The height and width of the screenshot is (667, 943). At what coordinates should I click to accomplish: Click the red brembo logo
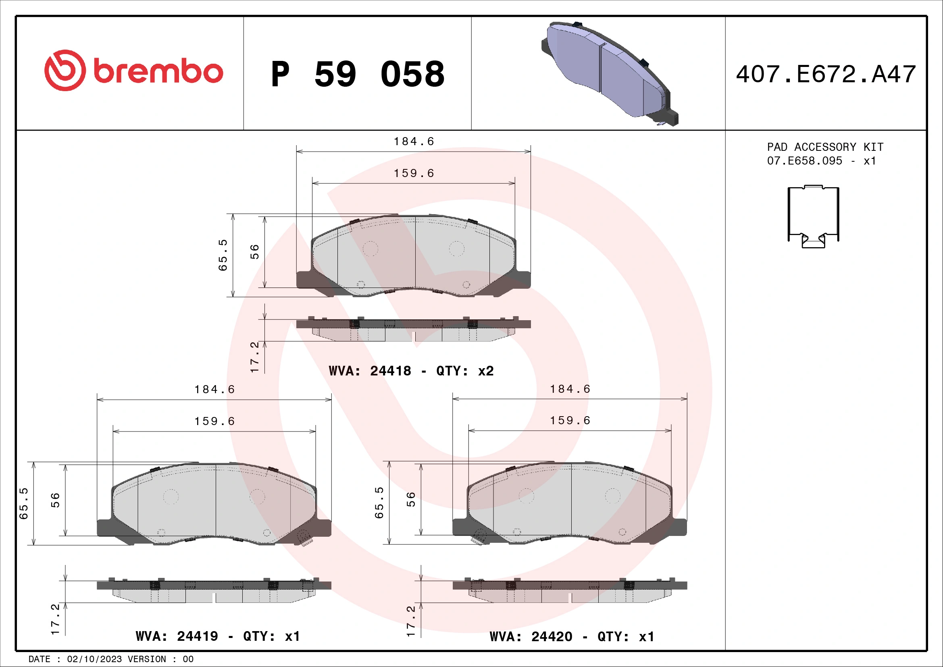coord(133,71)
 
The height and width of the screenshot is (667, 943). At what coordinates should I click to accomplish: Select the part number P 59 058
coord(357,74)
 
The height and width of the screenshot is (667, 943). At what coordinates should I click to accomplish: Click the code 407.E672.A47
coord(826,74)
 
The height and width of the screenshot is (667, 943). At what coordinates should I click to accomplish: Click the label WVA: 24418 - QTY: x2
coord(411,371)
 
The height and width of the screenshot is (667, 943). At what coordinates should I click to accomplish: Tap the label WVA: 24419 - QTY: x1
coord(218,636)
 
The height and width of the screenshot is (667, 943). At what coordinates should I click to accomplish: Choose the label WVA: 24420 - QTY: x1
coord(572,637)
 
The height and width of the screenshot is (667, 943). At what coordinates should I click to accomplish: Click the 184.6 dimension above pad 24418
coord(414,142)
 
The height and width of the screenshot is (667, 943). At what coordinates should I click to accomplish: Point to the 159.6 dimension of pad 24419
coord(214,421)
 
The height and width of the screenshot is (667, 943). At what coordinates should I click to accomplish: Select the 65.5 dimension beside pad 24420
coord(379,503)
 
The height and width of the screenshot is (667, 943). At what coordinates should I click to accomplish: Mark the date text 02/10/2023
coord(94,659)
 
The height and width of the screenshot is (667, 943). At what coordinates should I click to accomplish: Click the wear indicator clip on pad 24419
coord(304,537)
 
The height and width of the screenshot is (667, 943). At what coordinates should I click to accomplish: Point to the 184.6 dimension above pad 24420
coord(570,389)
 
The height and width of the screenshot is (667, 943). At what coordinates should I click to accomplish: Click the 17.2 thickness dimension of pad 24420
coord(411,621)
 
